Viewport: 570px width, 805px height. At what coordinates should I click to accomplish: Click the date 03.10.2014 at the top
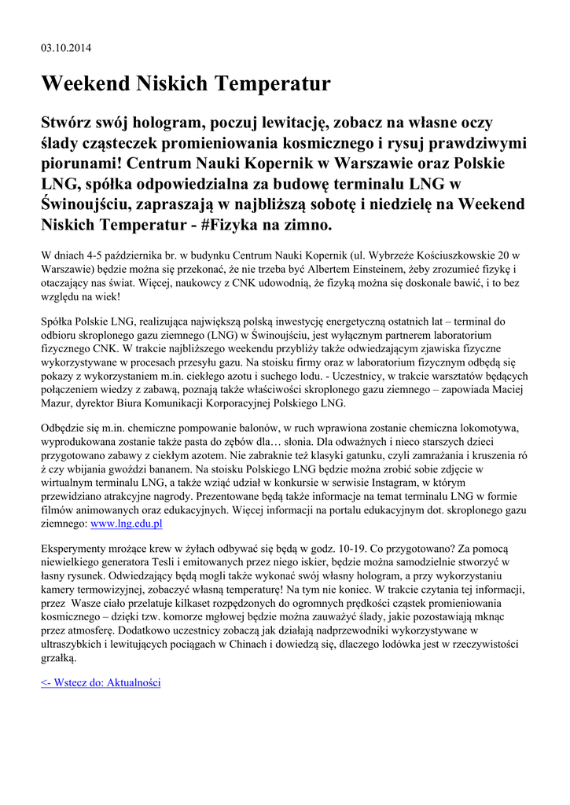pos(66,48)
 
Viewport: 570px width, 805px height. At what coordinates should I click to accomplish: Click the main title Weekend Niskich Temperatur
pos(186,83)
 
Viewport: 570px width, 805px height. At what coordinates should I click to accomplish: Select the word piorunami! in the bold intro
pos(83,164)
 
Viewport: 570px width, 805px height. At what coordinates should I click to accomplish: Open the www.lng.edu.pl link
pos(127,523)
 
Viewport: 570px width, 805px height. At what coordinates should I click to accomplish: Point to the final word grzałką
pos(59,656)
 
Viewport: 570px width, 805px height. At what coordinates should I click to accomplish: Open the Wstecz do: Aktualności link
pos(101,682)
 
